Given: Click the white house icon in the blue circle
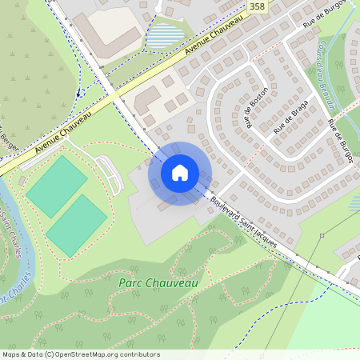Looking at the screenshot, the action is pos(180,173).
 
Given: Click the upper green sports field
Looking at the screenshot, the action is pos(56,186).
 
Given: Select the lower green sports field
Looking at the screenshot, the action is pos(76,226).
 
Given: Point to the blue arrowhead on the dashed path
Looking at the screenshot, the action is pos(78,94).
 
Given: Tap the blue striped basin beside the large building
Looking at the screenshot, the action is pos(165,34).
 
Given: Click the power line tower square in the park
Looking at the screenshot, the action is pos(322,235).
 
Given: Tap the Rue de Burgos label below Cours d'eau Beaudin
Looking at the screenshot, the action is pos(341,141).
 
